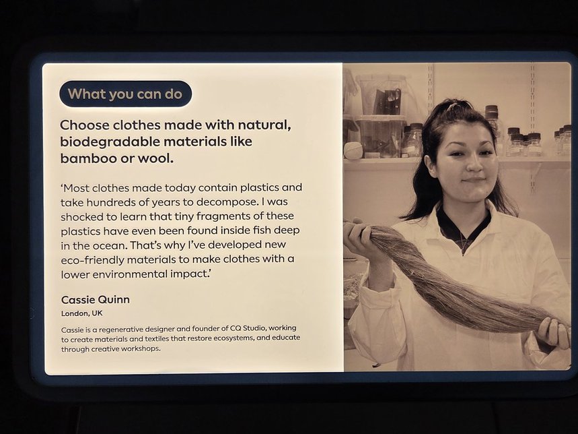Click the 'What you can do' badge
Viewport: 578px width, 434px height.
[x=125, y=94]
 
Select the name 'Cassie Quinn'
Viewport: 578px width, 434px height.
[x=96, y=299]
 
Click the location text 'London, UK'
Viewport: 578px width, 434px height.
[x=82, y=313]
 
